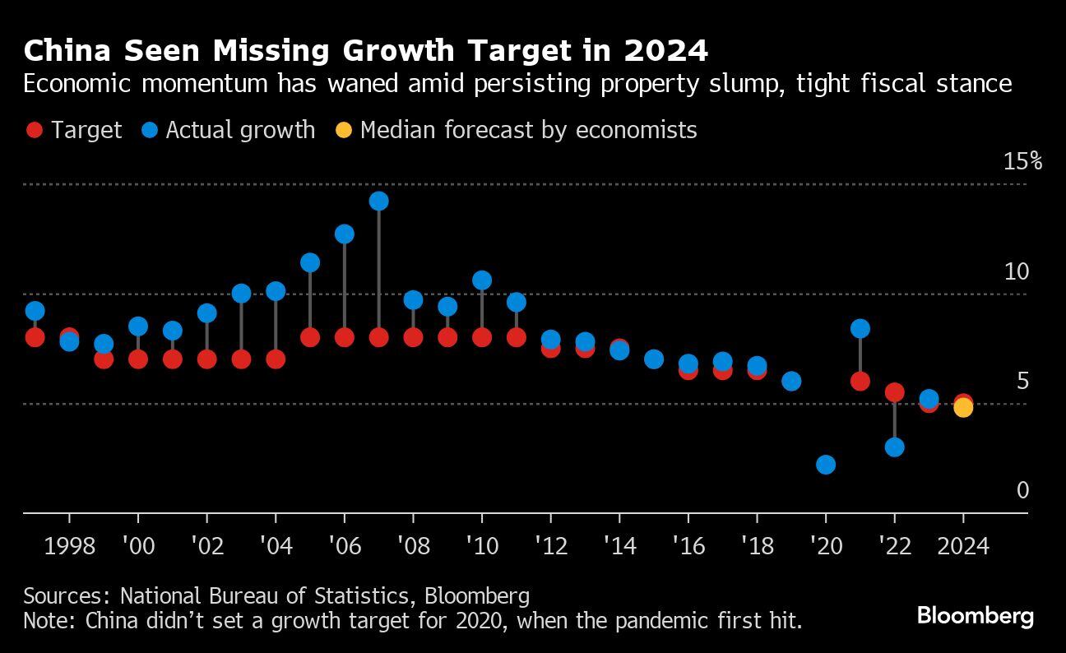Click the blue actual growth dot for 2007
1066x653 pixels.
[x=378, y=201]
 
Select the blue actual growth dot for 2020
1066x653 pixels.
[x=826, y=465]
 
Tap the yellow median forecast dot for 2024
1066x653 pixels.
[x=963, y=407]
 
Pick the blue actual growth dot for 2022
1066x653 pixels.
[x=895, y=447]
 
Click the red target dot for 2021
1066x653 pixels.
[x=860, y=381]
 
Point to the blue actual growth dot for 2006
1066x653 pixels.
[x=344, y=234]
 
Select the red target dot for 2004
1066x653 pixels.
[x=276, y=359]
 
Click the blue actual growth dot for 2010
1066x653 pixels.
[x=482, y=280]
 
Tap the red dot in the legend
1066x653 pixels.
[x=35, y=130]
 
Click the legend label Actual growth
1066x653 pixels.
[x=240, y=130]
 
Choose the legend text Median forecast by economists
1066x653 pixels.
[x=528, y=130]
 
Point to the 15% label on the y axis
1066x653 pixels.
[x=1022, y=161]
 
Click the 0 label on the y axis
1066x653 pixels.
[x=1022, y=490]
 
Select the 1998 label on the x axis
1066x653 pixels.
[x=69, y=546]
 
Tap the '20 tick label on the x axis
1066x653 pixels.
[x=826, y=546]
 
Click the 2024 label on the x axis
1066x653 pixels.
[x=963, y=546]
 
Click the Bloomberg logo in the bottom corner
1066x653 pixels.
[x=975, y=615]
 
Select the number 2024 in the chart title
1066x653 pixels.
[x=665, y=51]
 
